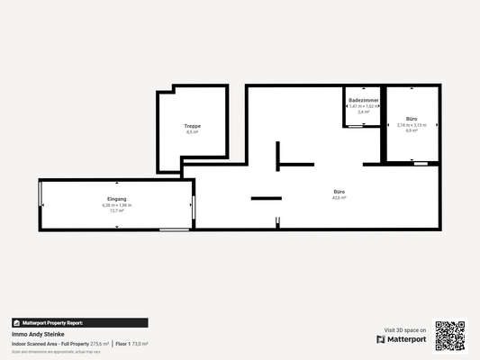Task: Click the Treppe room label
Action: click(x=192, y=125)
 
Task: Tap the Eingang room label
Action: click(x=117, y=198)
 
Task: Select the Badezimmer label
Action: click(x=363, y=99)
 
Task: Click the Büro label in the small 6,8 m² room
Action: click(x=412, y=119)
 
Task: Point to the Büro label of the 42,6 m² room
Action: click(x=340, y=192)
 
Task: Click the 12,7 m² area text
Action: click(x=117, y=211)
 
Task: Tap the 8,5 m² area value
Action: click(x=192, y=131)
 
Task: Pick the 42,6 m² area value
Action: click(x=340, y=198)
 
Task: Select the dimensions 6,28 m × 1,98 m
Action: click(x=117, y=204)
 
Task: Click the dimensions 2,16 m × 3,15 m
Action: click(x=412, y=125)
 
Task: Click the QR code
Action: click(x=450, y=335)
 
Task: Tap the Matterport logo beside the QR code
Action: click(x=402, y=339)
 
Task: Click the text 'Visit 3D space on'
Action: click(x=405, y=329)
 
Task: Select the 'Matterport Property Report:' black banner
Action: click(x=79, y=322)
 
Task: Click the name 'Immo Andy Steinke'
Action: click(x=38, y=334)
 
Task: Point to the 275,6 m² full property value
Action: click(x=99, y=344)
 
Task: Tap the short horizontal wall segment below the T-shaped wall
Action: click(x=267, y=198)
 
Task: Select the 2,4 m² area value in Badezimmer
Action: click(x=363, y=112)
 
